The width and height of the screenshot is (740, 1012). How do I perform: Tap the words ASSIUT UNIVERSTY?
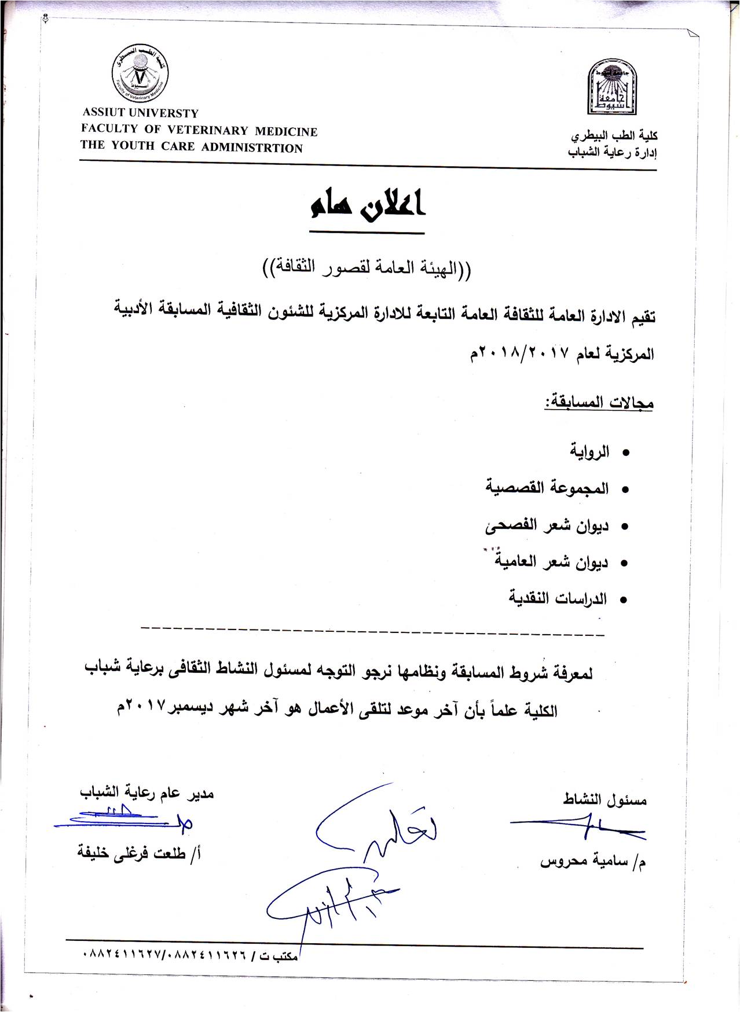coord(140,113)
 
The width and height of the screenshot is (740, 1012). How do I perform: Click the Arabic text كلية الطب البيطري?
coord(614,136)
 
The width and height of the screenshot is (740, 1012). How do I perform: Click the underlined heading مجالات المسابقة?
coord(598,402)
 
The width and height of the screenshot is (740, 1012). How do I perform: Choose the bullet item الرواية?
coord(589,451)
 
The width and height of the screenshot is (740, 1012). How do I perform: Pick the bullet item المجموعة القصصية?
coord(547,488)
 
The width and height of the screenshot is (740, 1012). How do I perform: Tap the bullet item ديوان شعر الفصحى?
coord(547,525)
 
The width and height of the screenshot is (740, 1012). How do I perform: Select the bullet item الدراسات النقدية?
coord(558,598)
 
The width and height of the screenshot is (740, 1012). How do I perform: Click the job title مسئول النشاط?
coord(605,800)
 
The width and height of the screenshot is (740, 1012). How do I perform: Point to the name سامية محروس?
coord(593,862)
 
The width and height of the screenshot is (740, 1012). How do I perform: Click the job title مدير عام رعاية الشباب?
coord(147,793)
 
